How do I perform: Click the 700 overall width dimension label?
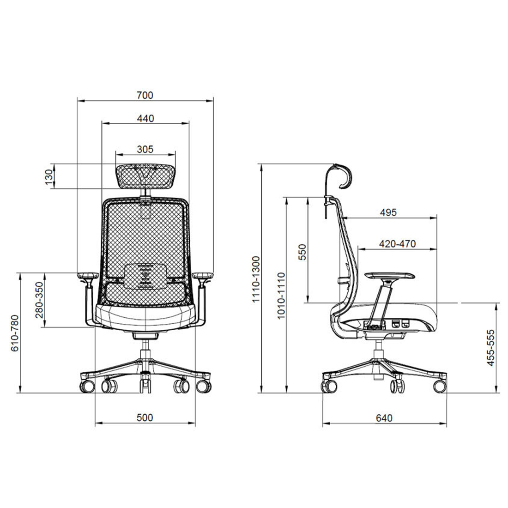pyautogui.click(x=145, y=95)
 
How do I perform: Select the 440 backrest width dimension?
pyautogui.click(x=145, y=119)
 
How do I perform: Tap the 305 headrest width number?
pyautogui.click(x=145, y=149)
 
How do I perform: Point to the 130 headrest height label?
pyautogui.click(x=48, y=177)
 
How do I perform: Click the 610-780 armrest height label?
pyautogui.click(x=15, y=333)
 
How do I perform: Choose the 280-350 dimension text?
pyautogui.click(x=39, y=300)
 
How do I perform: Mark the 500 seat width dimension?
pyautogui.click(x=145, y=417)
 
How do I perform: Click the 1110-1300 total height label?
pyautogui.click(x=256, y=279)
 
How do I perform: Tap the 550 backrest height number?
pyautogui.click(x=302, y=252)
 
